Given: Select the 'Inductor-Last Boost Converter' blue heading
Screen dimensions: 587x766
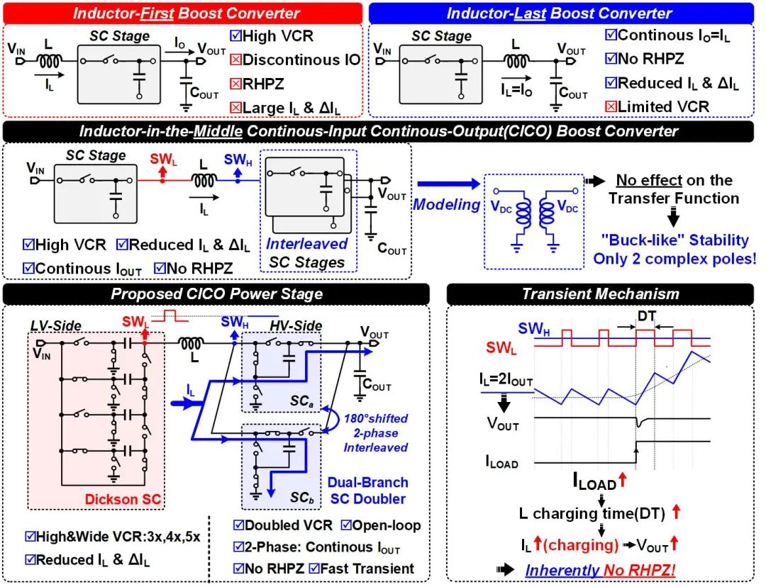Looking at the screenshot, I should (560, 13).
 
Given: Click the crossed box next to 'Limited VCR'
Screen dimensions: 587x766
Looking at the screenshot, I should (610, 106).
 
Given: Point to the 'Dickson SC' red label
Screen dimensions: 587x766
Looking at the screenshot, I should (123, 499).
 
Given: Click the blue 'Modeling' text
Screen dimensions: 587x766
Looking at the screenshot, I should (447, 204).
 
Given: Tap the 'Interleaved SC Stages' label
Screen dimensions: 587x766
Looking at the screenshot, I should (306, 253).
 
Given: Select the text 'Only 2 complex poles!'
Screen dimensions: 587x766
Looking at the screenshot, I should (675, 259).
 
